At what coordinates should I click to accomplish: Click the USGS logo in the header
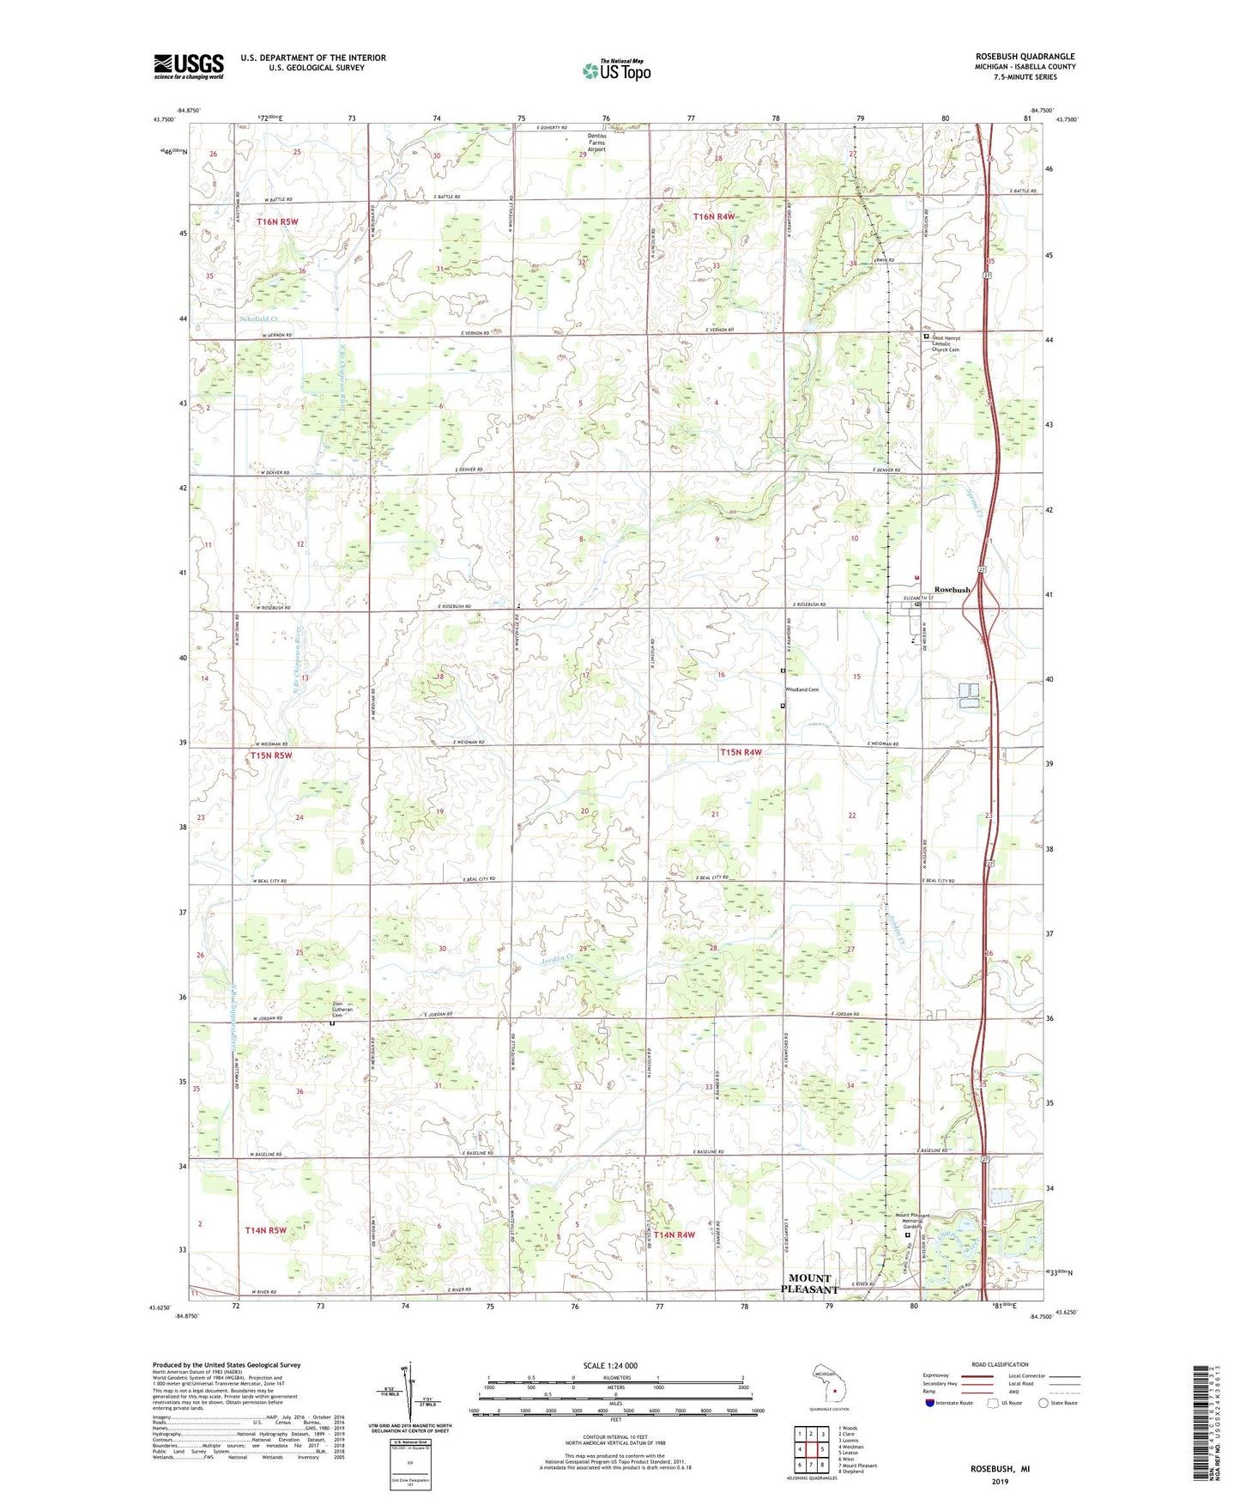[189, 66]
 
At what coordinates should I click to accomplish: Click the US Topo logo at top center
[616, 70]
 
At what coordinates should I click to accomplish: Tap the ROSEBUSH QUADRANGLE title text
[1025, 57]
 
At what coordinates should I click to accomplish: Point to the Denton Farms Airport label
[596, 143]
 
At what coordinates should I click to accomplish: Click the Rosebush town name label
[952, 590]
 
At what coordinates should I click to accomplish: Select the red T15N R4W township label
[740, 752]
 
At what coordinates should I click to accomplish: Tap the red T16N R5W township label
[277, 222]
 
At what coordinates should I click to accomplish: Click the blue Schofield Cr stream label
[259, 319]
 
